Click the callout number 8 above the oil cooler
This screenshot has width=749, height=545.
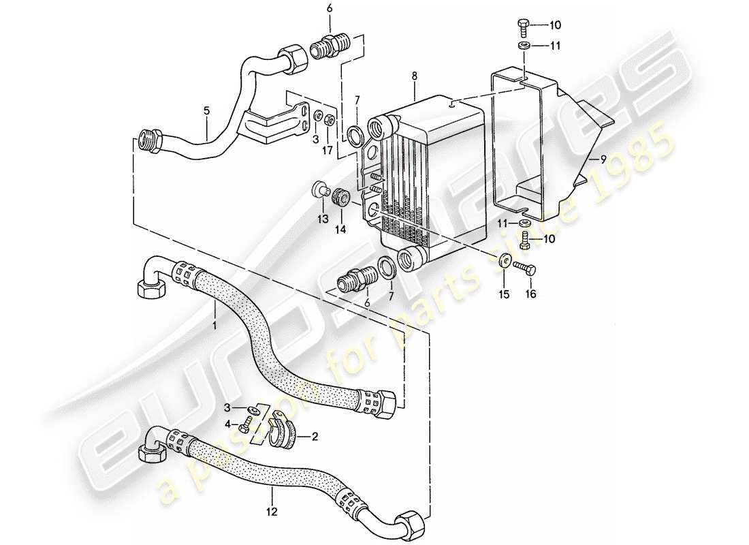coord(414,78)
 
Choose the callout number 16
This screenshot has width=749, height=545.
coord(530,294)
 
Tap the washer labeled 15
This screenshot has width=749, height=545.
coord(505,260)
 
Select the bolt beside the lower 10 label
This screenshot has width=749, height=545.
coord(525,239)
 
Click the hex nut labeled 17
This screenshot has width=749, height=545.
coord(330,121)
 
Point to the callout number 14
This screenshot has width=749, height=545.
coord(340,230)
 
